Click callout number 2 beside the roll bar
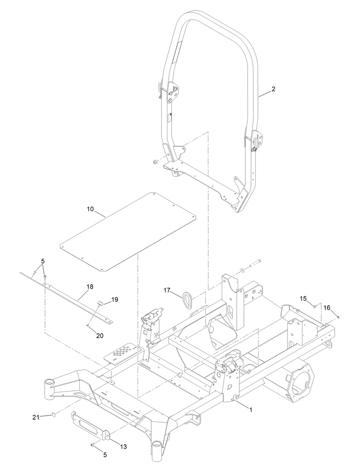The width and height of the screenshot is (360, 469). pyautogui.click(x=273, y=89)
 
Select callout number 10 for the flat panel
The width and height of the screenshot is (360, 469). pyautogui.click(x=90, y=209)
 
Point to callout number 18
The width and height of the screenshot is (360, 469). pyautogui.click(x=90, y=286)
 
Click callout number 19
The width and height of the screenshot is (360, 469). pyautogui.click(x=115, y=299)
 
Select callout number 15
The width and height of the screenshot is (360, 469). pyautogui.click(x=303, y=298)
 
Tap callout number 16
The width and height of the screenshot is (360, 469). pyautogui.click(x=327, y=307)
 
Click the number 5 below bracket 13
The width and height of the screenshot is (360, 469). pyautogui.click(x=105, y=455)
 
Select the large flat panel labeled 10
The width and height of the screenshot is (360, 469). pyautogui.click(x=128, y=232)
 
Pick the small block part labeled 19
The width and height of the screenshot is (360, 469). pyautogui.click(x=101, y=303)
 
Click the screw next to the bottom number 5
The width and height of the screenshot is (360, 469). pyautogui.click(x=92, y=445)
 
